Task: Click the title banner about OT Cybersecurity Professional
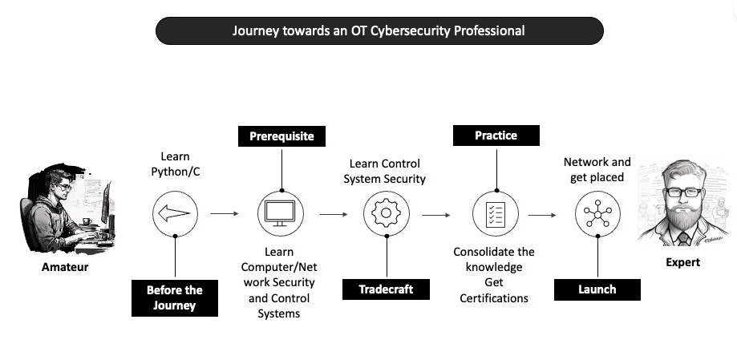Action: tap(379, 30)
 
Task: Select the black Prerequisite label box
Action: tap(281, 136)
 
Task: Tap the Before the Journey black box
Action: tap(175, 297)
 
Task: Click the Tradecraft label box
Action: tap(387, 289)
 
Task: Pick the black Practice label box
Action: tap(496, 136)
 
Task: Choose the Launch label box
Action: tap(597, 289)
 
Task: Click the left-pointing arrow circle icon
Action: tap(175, 214)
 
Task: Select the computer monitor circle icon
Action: tap(281, 214)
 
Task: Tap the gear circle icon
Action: tap(387, 214)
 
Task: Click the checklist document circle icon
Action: tap(496, 214)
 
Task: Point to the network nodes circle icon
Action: tap(597, 214)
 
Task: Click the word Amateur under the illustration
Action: tap(65, 267)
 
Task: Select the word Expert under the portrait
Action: tap(682, 262)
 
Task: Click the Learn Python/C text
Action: tap(175, 164)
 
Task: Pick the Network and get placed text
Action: tap(597, 169)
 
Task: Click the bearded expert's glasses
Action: tap(684, 192)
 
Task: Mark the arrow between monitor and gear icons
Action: tap(334, 214)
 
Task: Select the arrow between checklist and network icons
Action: tap(542, 214)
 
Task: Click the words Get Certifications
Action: tap(494, 290)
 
